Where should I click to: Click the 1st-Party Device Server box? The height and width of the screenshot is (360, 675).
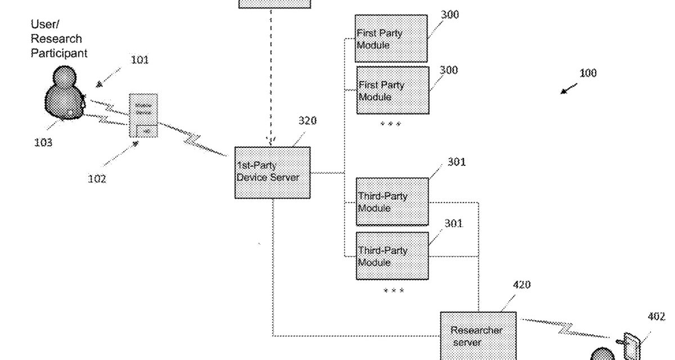pos(272,172)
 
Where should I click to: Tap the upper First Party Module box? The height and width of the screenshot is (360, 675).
pos(391,38)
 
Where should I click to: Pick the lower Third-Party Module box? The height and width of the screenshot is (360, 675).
pos(392,256)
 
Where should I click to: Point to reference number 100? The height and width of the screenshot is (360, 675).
pos(588,73)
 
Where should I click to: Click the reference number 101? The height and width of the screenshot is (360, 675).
pos(139,60)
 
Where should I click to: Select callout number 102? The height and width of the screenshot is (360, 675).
pos(97,179)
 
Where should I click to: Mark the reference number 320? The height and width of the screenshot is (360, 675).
pos(307,121)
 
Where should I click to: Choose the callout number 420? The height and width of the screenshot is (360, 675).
pos(521,285)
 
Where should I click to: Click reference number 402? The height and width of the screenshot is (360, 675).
pos(656,317)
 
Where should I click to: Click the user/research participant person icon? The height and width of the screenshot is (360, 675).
pos(64,93)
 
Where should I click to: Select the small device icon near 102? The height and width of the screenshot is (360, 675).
pos(143,115)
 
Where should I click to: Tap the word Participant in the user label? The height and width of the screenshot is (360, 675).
pos(58,53)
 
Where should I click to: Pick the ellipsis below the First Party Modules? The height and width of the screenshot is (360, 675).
pos(390,124)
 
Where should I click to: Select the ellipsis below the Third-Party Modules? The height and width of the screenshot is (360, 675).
pos(393,291)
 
